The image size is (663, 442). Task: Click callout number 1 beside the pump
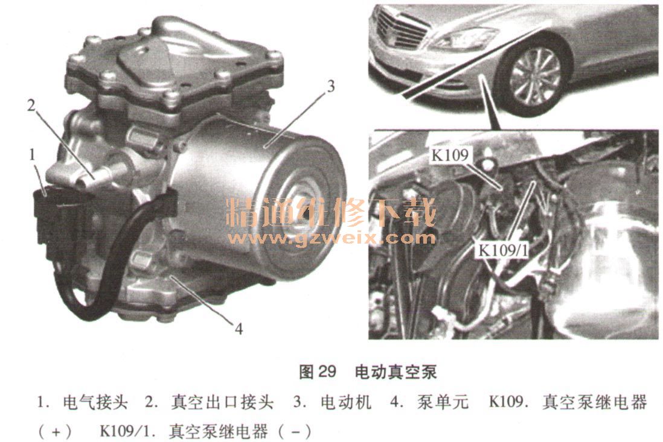pos(32,155)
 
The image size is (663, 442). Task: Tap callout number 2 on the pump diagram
pos(31,105)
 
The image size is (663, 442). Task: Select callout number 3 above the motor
pos(331,86)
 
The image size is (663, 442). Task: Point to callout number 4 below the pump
pos(239,329)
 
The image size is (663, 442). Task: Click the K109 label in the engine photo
pos(450,156)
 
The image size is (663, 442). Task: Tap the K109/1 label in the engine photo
pos(503,250)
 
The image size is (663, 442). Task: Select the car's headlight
pos(464,38)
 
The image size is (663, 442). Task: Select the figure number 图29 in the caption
pos(318,371)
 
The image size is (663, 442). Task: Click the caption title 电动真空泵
pos(396,371)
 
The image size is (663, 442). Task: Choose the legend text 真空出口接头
pos(222,402)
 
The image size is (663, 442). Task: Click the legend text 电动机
pos(346,402)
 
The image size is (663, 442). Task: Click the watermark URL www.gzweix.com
pos(331,238)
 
